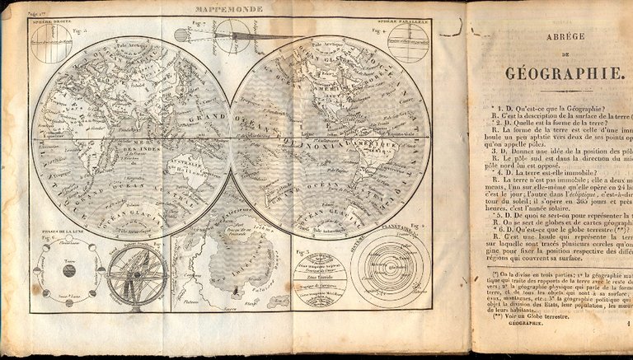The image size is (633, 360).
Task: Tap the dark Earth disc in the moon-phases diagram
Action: pos(68,270)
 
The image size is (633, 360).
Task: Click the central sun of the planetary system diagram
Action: pos(389,269)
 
